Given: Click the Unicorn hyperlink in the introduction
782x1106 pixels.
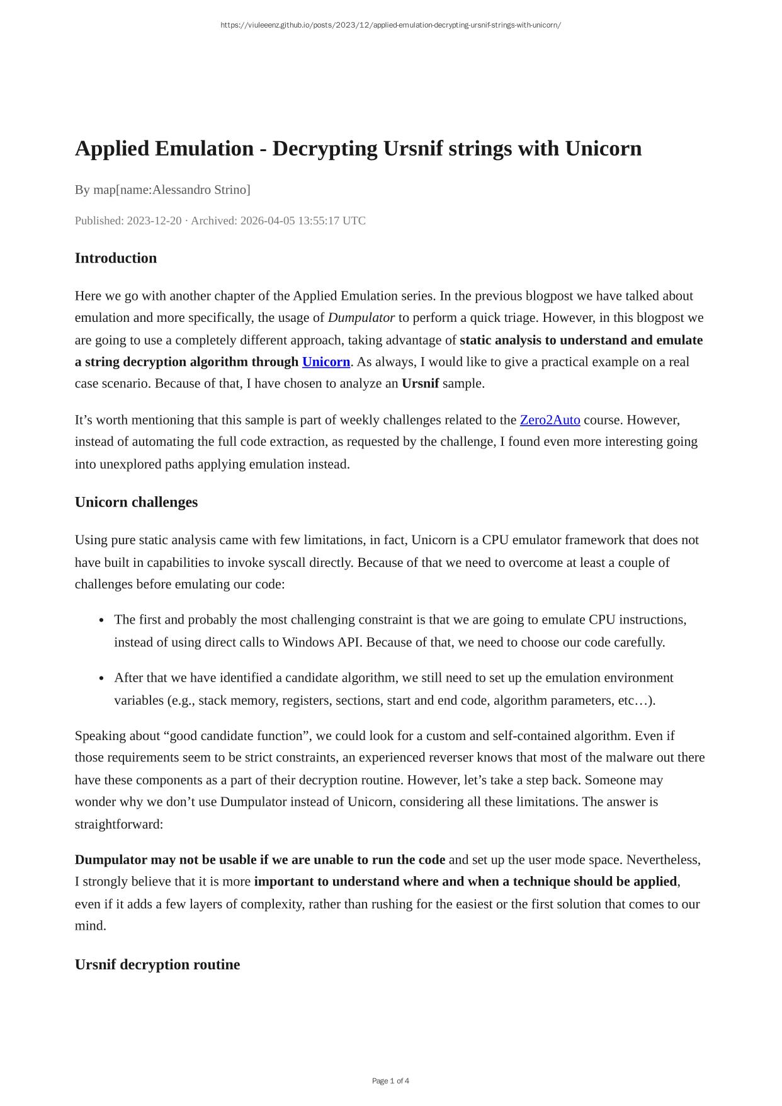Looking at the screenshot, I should [x=326, y=362].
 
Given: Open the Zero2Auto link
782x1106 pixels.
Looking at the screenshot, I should [x=550, y=420].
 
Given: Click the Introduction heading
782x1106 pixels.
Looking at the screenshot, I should [x=116, y=258].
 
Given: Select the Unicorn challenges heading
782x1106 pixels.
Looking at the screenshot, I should [x=136, y=502].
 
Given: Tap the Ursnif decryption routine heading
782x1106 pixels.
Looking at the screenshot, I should [x=157, y=965].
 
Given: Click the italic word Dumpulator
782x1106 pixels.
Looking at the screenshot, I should [x=361, y=317].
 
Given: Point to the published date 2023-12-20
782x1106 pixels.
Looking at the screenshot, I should [x=154, y=220].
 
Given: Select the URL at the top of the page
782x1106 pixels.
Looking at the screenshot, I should [x=390, y=25].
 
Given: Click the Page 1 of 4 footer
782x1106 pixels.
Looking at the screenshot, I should [x=390, y=1081].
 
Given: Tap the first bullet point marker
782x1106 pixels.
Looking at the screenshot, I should [x=101, y=620].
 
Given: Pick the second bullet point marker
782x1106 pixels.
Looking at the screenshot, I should [x=101, y=678].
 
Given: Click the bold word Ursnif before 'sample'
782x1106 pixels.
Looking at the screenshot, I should [x=420, y=384].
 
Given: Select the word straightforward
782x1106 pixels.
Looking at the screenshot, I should [x=118, y=824].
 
